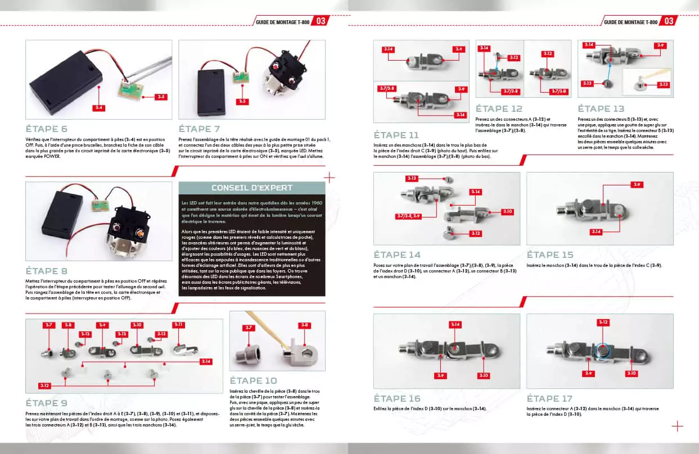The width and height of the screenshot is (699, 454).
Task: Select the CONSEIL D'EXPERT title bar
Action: (x=251, y=188)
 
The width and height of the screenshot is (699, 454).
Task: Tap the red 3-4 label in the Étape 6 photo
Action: (x=98, y=107)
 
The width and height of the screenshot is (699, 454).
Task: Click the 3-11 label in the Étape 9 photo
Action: (x=179, y=325)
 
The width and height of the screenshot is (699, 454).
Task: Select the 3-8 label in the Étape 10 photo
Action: (x=304, y=325)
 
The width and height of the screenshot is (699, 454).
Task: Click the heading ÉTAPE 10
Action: (x=253, y=380)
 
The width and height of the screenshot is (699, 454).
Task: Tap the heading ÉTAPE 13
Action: (x=601, y=109)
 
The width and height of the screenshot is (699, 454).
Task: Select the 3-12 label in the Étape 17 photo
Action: (x=602, y=323)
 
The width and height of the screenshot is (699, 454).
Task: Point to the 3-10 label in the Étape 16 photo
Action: (x=484, y=375)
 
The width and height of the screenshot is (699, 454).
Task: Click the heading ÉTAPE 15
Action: (x=550, y=255)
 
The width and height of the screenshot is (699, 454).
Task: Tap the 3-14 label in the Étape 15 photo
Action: (x=597, y=231)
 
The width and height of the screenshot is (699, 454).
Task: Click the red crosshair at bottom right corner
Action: (x=678, y=426)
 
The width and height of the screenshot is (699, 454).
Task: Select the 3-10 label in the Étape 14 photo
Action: (x=507, y=211)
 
